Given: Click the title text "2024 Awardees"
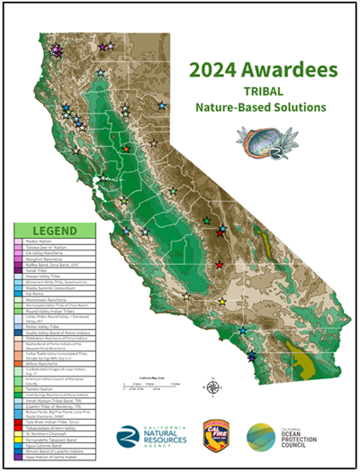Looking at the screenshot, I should coord(263,69).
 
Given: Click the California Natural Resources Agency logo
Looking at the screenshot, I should coord(148,436).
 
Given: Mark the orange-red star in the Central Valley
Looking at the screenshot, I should coord(126,149).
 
